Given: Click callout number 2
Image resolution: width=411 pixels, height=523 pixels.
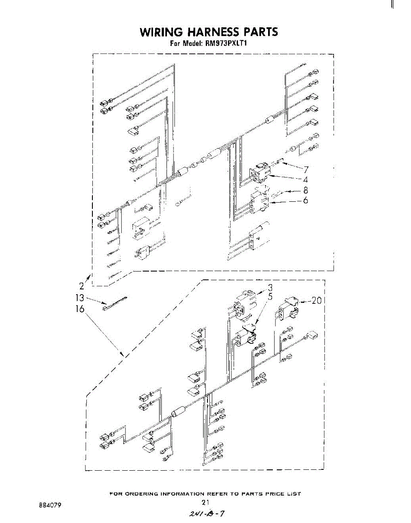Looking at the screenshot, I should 82,286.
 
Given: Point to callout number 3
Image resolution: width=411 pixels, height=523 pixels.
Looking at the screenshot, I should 270,288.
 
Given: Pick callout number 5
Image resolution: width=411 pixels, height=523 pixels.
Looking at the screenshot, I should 270,298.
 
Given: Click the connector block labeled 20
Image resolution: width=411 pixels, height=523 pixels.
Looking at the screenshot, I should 288,306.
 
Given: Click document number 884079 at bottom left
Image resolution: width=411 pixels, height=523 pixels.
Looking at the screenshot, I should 50,506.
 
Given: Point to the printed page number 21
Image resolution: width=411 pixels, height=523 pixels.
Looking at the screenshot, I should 206,503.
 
